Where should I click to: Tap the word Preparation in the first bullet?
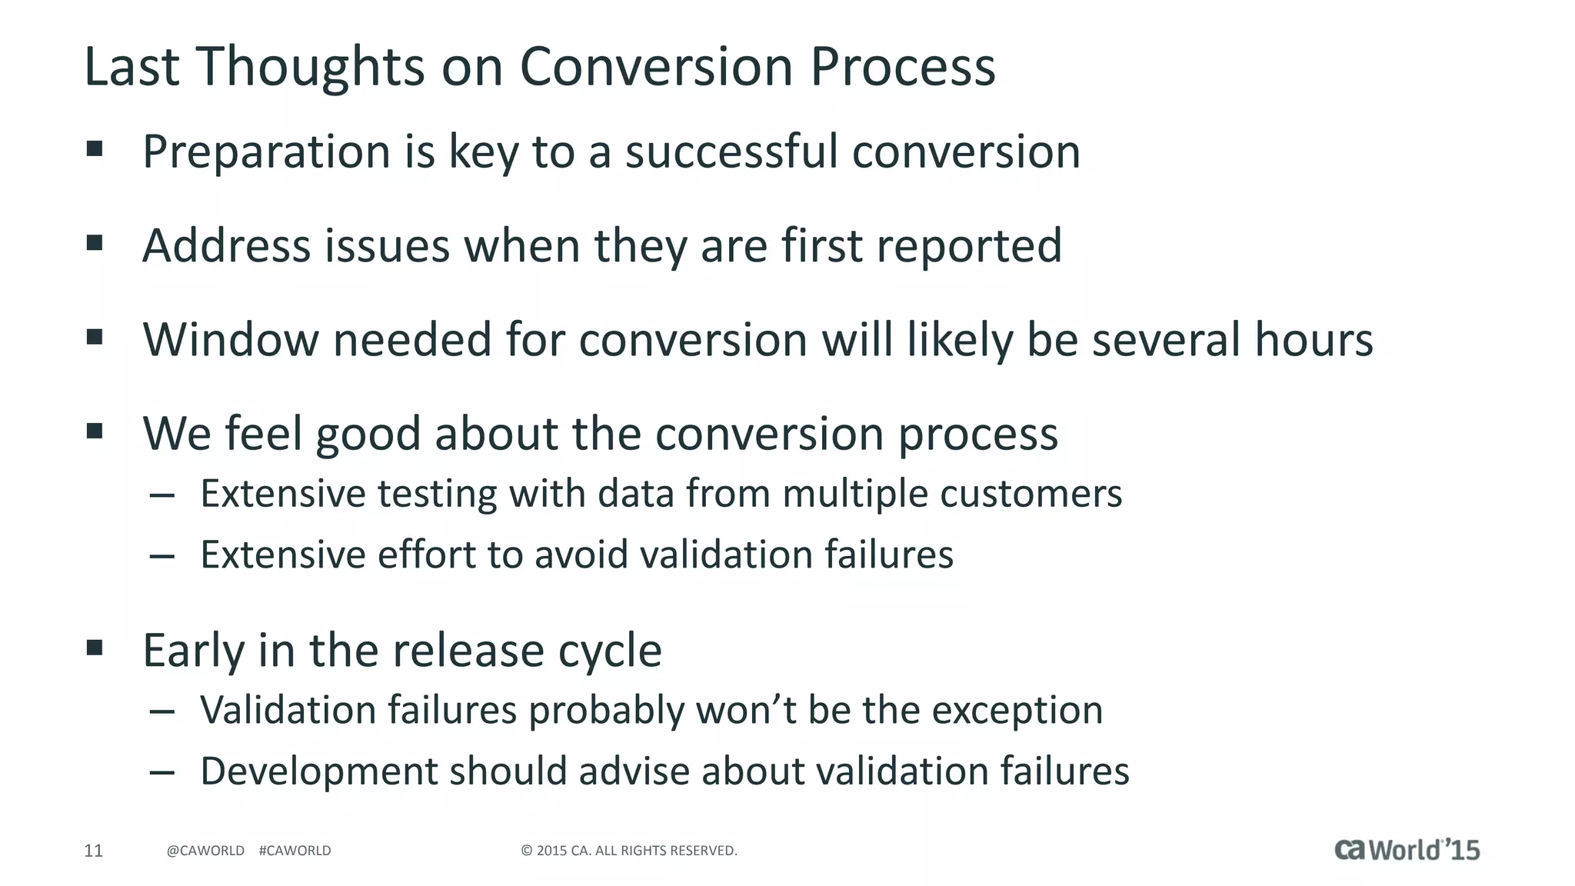(x=267, y=152)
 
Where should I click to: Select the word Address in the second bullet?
(x=226, y=246)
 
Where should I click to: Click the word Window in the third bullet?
(x=231, y=340)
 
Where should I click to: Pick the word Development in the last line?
(x=318, y=771)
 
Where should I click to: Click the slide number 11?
(x=93, y=851)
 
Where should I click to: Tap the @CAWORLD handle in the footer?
(x=205, y=851)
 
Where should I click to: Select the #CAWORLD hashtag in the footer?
(x=295, y=851)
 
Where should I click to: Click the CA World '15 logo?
(x=1407, y=849)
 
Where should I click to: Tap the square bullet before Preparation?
(x=95, y=149)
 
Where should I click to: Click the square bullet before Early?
(x=95, y=648)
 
